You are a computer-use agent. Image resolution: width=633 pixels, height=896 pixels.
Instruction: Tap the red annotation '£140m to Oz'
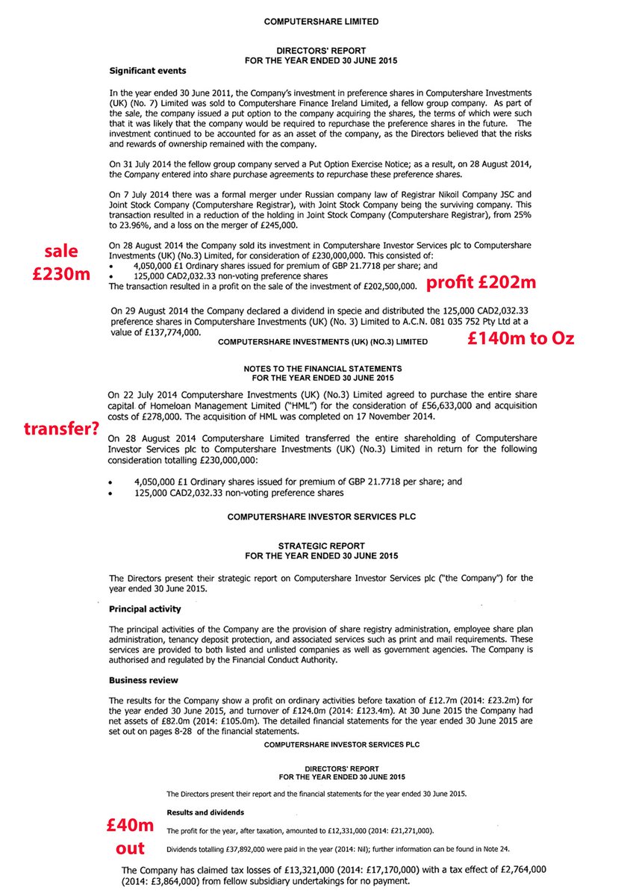[x=520, y=338]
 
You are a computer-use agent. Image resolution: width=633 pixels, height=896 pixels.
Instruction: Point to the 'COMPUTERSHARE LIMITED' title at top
[x=321, y=22]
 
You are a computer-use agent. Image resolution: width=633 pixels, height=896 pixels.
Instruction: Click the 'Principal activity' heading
[x=145, y=609]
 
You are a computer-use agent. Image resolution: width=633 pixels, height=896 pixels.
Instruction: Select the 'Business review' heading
[x=143, y=680]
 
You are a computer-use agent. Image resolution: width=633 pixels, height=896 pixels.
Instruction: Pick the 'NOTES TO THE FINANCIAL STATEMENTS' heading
[x=322, y=369]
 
